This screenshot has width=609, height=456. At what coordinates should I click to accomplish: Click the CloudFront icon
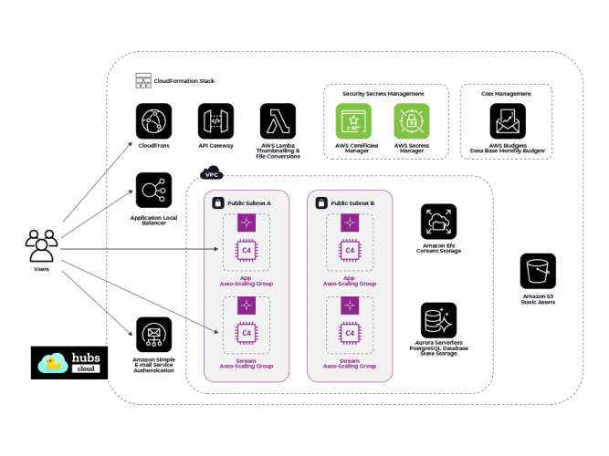153,121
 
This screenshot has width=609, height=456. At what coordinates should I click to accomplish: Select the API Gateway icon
216,121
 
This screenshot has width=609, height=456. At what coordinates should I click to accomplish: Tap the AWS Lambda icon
278,121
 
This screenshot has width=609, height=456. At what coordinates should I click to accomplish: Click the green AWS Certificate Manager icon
352,121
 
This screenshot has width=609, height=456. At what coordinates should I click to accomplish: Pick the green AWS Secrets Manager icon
412,121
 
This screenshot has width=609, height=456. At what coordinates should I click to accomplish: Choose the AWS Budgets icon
508,121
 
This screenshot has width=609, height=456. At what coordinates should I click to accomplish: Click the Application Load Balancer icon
153,191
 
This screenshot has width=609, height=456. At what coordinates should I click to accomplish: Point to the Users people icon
42,245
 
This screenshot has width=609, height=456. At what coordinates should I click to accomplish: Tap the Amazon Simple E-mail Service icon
153,335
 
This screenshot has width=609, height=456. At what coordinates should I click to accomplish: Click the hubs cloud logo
68,362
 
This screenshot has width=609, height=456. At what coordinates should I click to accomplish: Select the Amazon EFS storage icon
438,222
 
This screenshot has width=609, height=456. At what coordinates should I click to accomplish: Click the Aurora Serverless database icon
438,321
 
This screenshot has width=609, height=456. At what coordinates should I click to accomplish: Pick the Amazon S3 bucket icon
538,271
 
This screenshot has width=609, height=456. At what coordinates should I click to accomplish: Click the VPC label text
212,173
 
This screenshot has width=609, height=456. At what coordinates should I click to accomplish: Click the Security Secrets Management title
383,94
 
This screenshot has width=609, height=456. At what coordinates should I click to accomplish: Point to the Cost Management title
507,94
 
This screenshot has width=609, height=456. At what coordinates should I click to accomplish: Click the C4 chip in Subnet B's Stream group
347,333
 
